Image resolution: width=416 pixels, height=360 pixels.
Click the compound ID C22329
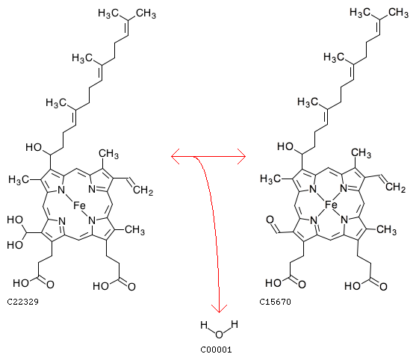(23, 302)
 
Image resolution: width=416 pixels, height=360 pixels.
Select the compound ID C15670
(275, 302)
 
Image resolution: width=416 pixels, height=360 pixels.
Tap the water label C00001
(216, 350)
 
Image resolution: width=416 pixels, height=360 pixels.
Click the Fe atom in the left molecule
(79, 205)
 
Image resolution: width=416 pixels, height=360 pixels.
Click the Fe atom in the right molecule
(331, 205)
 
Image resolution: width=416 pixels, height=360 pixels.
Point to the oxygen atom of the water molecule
(219, 335)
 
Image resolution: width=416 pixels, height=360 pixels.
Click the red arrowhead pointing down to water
(219, 308)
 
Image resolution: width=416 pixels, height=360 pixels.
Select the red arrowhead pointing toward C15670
(241, 157)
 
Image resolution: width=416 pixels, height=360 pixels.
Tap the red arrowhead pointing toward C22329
(176, 157)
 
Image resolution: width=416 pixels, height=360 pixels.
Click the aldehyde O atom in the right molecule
(270, 220)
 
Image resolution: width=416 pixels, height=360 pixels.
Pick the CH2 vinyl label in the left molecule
(143, 190)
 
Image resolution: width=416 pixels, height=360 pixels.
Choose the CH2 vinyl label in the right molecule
(395, 187)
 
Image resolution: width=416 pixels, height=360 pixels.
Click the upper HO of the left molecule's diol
(15, 220)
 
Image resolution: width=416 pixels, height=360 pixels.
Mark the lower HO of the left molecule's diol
(15, 244)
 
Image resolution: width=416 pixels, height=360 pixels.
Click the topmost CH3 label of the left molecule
(146, 13)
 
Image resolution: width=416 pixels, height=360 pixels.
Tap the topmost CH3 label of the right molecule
(399, 13)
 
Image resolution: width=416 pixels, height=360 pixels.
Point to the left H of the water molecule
(204, 325)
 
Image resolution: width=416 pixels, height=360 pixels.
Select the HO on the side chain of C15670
(285, 146)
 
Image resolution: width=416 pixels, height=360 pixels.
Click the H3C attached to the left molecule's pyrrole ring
(19, 180)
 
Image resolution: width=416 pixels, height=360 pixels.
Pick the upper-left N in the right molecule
(314, 189)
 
